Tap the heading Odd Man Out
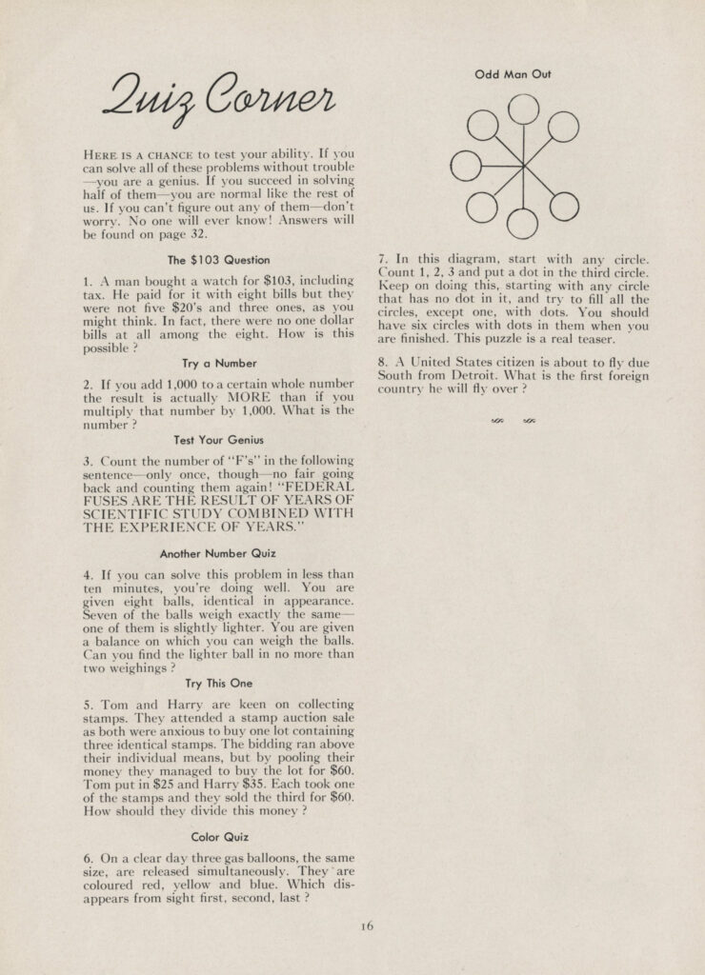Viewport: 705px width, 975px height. point(514,74)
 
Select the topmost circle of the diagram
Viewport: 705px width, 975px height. point(523,109)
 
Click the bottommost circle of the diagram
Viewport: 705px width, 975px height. point(522,223)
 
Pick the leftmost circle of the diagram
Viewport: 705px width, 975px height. point(466,166)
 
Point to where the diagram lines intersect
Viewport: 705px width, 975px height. point(523,166)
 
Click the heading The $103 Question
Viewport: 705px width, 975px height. point(218,260)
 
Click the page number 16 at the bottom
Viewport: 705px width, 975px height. point(369,924)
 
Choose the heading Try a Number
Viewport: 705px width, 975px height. point(218,364)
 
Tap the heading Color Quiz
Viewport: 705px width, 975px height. point(218,837)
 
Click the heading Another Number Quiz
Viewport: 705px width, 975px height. point(218,552)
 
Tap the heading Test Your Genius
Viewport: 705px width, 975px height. point(218,440)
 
